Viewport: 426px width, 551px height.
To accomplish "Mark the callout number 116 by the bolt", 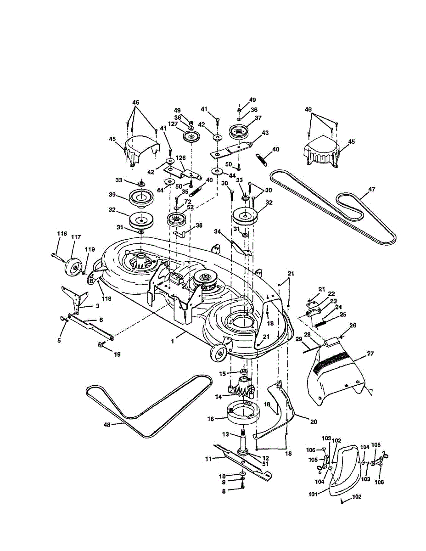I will [x=62, y=234].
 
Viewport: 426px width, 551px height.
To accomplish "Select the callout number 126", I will [x=181, y=158].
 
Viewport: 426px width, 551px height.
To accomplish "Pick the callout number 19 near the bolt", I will [x=117, y=354].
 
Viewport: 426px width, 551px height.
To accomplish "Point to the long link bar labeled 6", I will [x=90, y=323].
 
